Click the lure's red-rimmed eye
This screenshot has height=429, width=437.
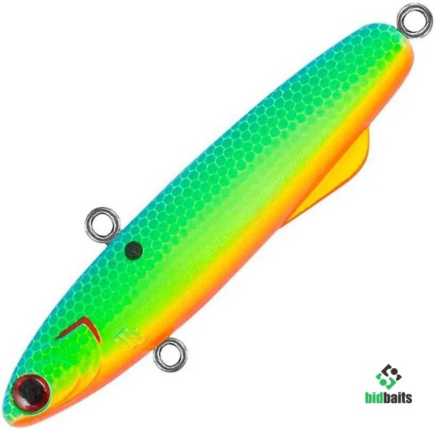pyautogui.click(x=31, y=393)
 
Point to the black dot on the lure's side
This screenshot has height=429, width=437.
pyautogui.click(x=134, y=250)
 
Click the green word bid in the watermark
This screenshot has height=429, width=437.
pyautogui.click(x=378, y=397)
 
